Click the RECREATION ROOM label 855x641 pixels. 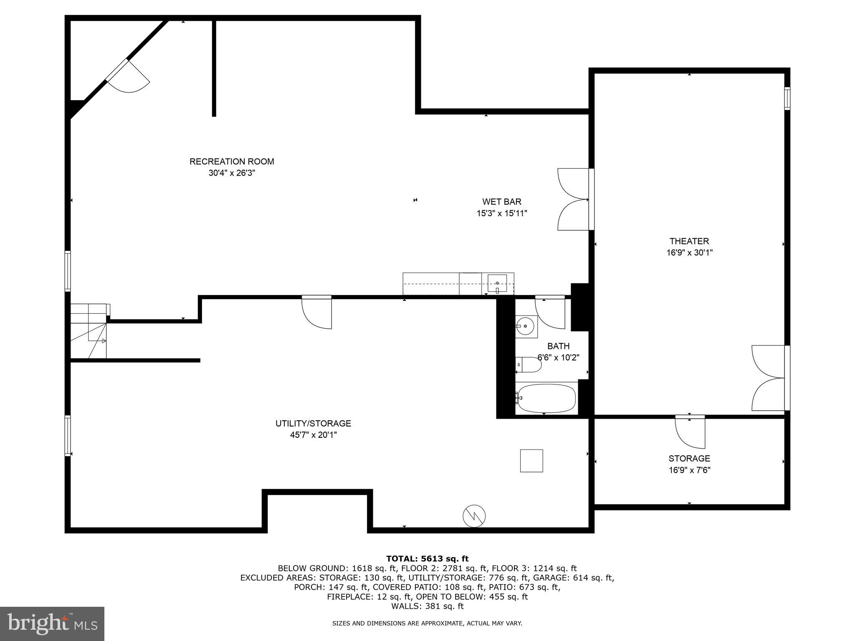click(232, 162)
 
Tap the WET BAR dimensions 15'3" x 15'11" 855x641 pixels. click(502, 213)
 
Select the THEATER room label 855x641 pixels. click(689, 241)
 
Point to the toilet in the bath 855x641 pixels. click(529, 365)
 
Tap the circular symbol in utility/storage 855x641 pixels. click(474, 516)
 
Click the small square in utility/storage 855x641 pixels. click(531, 461)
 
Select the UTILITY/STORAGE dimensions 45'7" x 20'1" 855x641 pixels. click(313, 435)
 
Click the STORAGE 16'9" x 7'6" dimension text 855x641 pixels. click(689, 470)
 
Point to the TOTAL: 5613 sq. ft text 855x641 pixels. click(427, 558)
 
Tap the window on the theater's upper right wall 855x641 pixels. click(787, 98)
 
